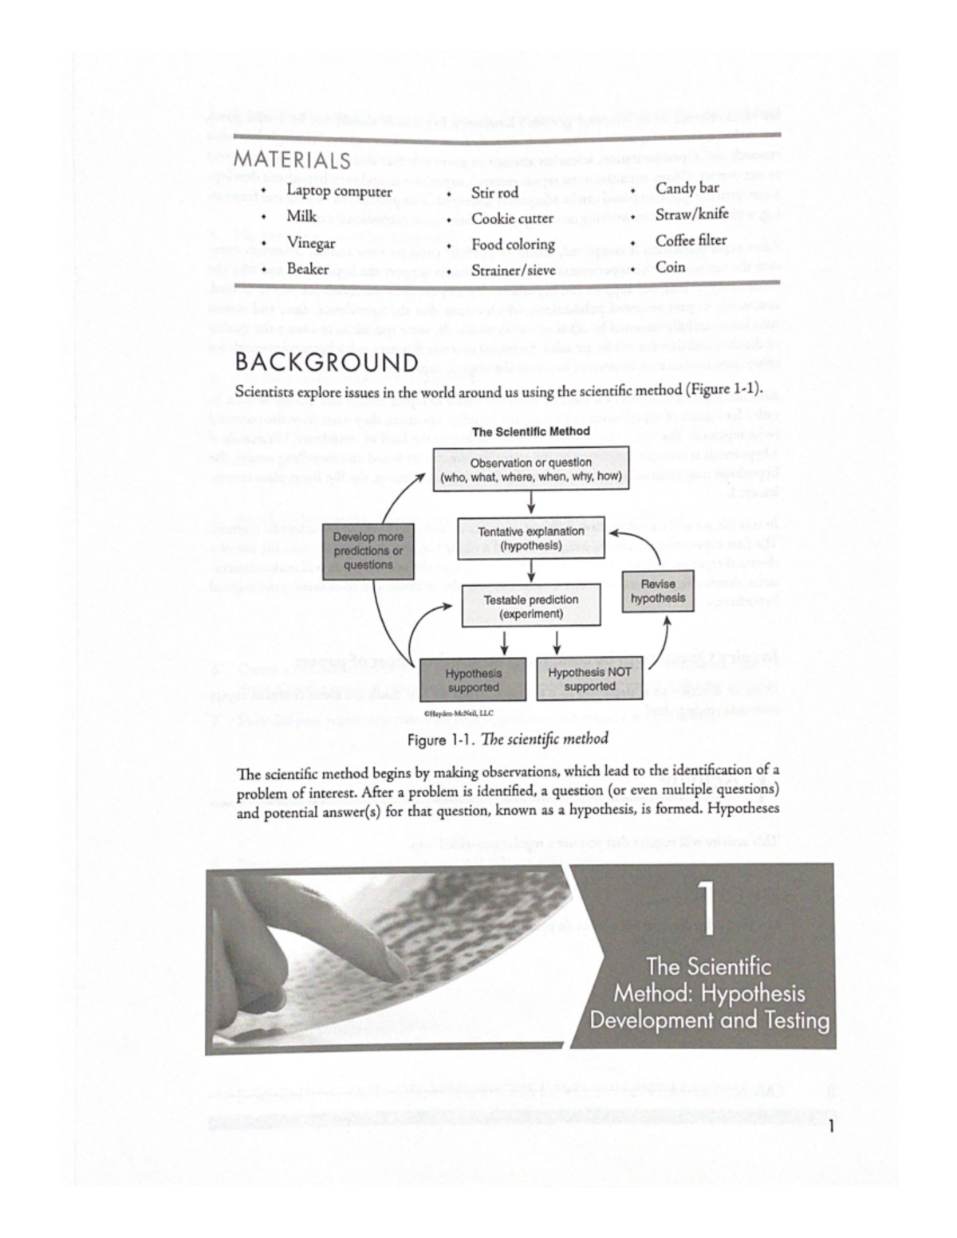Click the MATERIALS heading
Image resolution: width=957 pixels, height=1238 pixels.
click(292, 159)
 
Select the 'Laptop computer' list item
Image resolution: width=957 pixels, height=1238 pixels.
click(339, 191)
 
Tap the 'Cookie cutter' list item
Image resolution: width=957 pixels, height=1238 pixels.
click(512, 218)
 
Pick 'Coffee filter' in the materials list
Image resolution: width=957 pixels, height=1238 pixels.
click(691, 240)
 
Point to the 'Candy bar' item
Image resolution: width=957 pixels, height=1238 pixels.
click(687, 188)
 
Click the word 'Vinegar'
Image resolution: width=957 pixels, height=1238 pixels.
click(311, 243)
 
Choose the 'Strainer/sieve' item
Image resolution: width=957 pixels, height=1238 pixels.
click(513, 270)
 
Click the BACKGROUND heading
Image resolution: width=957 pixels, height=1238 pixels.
click(326, 364)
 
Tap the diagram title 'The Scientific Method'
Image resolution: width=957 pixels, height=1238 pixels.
click(531, 431)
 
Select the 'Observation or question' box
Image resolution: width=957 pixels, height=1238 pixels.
click(531, 470)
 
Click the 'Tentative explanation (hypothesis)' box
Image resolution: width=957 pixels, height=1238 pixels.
click(531, 539)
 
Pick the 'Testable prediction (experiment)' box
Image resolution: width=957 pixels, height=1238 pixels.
click(531, 607)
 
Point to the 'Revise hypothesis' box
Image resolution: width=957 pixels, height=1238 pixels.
click(658, 591)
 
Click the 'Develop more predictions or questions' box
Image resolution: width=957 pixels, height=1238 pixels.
click(368, 551)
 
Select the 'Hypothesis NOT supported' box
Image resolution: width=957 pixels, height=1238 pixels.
click(589, 679)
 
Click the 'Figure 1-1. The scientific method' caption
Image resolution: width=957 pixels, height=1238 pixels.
click(507, 739)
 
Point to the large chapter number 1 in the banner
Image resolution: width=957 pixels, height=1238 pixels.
click(707, 909)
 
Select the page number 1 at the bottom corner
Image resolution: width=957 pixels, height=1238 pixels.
click(831, 1126)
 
